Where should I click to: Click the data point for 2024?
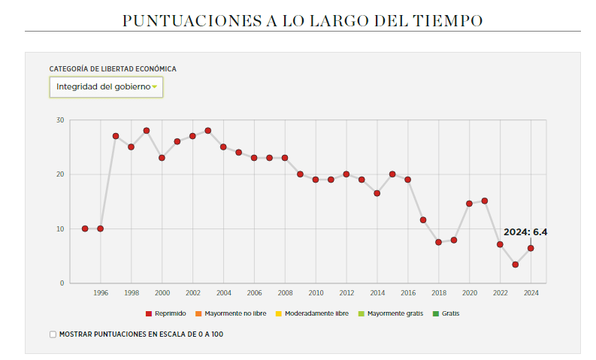point(531,248)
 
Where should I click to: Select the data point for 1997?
point(116,136)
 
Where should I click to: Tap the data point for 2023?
point(515,265)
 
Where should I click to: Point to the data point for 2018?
point(438,242)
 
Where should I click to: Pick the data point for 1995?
point(85,228)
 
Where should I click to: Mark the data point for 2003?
point(208,131)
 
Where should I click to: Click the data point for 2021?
point(485,201)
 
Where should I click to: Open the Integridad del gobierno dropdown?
point(106,87)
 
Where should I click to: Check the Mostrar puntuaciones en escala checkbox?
point(53,334)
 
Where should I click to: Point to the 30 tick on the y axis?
point(60,119)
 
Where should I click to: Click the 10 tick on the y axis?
point(60,228)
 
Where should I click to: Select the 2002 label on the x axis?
point(192,292)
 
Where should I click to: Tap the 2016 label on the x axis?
point(408,292)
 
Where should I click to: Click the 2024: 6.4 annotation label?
point(525,232)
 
